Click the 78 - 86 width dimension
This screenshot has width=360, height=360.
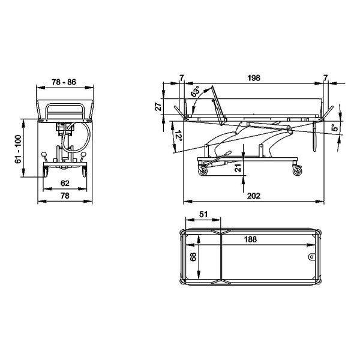64,82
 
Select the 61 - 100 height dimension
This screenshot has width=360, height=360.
18,149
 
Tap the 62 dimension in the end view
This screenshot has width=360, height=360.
65,183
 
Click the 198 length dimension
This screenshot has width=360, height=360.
254,78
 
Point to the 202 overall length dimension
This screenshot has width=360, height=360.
254,196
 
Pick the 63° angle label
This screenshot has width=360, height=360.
196,91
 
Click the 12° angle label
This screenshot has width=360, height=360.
179,136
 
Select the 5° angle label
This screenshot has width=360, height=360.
335,128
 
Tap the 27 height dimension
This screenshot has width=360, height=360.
158,107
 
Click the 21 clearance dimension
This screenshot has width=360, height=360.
238,168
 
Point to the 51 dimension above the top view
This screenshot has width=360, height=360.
203,214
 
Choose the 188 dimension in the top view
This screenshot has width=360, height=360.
250,239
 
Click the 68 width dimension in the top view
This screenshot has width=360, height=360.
193,257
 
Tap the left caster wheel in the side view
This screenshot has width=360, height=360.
203,171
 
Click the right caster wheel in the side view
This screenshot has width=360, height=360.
298,171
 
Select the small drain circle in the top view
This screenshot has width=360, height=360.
311,257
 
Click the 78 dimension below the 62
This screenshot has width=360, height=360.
65,196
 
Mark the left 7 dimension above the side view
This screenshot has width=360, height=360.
182,78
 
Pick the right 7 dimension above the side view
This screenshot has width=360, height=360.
325,78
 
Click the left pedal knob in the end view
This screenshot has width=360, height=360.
44,154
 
